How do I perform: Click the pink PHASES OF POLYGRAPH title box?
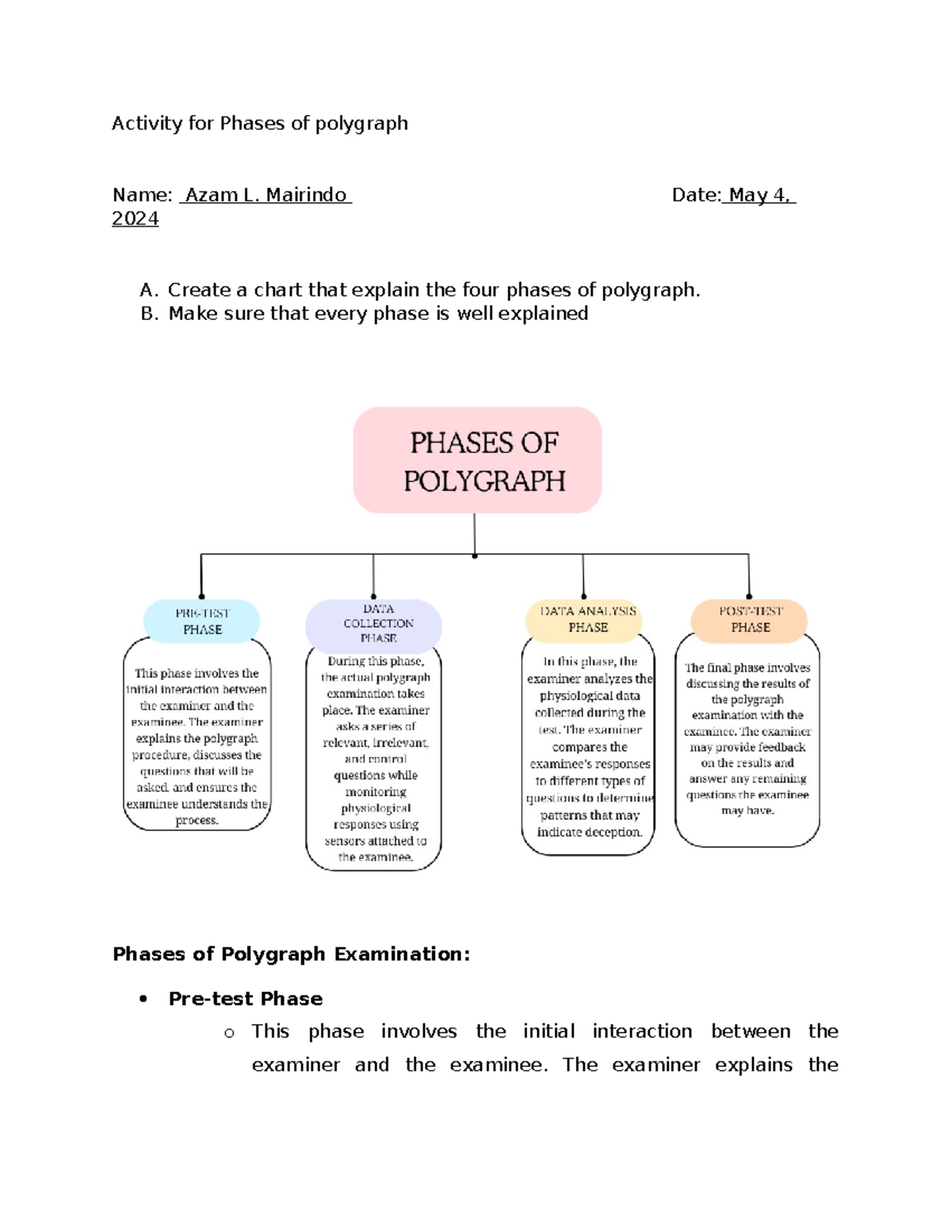pyautogui.click(x=477, y=460)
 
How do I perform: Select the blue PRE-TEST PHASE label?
pyautogui.click(x=202, y=621)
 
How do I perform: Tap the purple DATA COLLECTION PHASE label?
pyautogui.click(x=373, y=624)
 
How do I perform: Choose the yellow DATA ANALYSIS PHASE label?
pyautogui.click(x=587, y=619)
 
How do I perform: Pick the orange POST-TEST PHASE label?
pyautogui.click(x=750, y=619)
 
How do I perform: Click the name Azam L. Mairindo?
pyautogui.click(x=265, y=195)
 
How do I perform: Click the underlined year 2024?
pyautogui.click(x=136, y=219)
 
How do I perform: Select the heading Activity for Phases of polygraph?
pyautogui.click(x=260, y=124)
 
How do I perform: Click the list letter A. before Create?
pyautogui.click(x=149, y=290)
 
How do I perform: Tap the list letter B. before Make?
pyautogui.click(x=149, y=314)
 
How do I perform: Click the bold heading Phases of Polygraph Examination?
pyautogui.click(x=292, y=954)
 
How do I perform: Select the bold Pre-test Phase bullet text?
pyautogui.click(x=246, y=999)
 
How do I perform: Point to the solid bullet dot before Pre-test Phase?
pyautogui.click(x=143, y=999)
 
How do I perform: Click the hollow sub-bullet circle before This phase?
pyautogui.click(x=230, y=1033)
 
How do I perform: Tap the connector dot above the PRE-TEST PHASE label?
pyautogui.click(x=201, y=596)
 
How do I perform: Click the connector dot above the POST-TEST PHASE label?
pyautogui.click(x=749, y=596)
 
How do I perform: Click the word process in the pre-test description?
pyautogui.click(x=197, y=821)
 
